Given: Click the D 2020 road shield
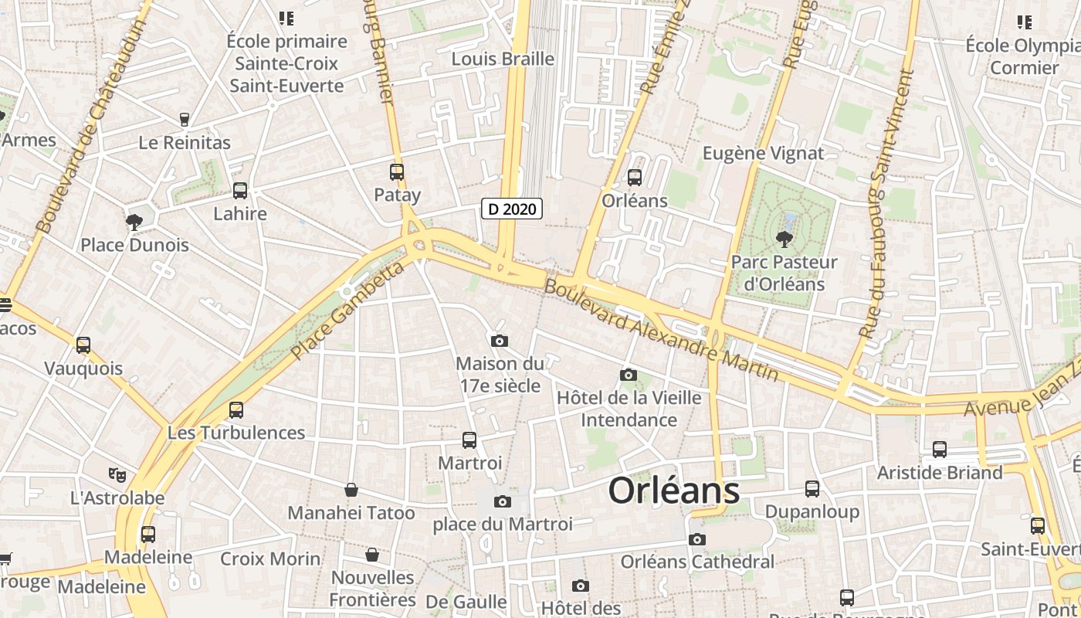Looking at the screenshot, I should click(x=512, y=209).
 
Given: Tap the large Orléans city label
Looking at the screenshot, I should click(x=674, y=490).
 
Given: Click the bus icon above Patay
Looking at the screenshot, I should click(x=397, y=172).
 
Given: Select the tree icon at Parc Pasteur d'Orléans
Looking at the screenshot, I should click(x=784, y=239).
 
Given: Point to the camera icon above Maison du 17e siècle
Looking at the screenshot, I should click(x=500, y=341).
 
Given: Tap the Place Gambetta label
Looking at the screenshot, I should click(x=347, y=311).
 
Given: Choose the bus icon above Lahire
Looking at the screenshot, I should click(x=240, y=191).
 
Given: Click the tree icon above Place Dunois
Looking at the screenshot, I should click(x=134, y=222).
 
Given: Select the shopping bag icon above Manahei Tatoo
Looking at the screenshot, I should click(x=351, y=490).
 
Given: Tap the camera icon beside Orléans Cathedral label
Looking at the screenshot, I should click(x=697, y=539).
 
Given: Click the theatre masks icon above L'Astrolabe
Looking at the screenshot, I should click(x=117, y=474).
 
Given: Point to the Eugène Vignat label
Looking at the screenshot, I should click(x=763, y=153).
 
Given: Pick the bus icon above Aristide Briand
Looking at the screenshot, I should click(x=940, y=449).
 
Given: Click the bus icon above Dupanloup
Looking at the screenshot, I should click(x=812, y=488).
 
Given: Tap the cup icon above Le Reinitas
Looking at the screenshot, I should click(x=185, y=120).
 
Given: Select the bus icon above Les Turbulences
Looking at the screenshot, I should click(x=236, y=410).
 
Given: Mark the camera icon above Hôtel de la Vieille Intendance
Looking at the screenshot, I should click(x=629, y=375).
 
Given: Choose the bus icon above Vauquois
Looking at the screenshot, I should click(x=83, y=345).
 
